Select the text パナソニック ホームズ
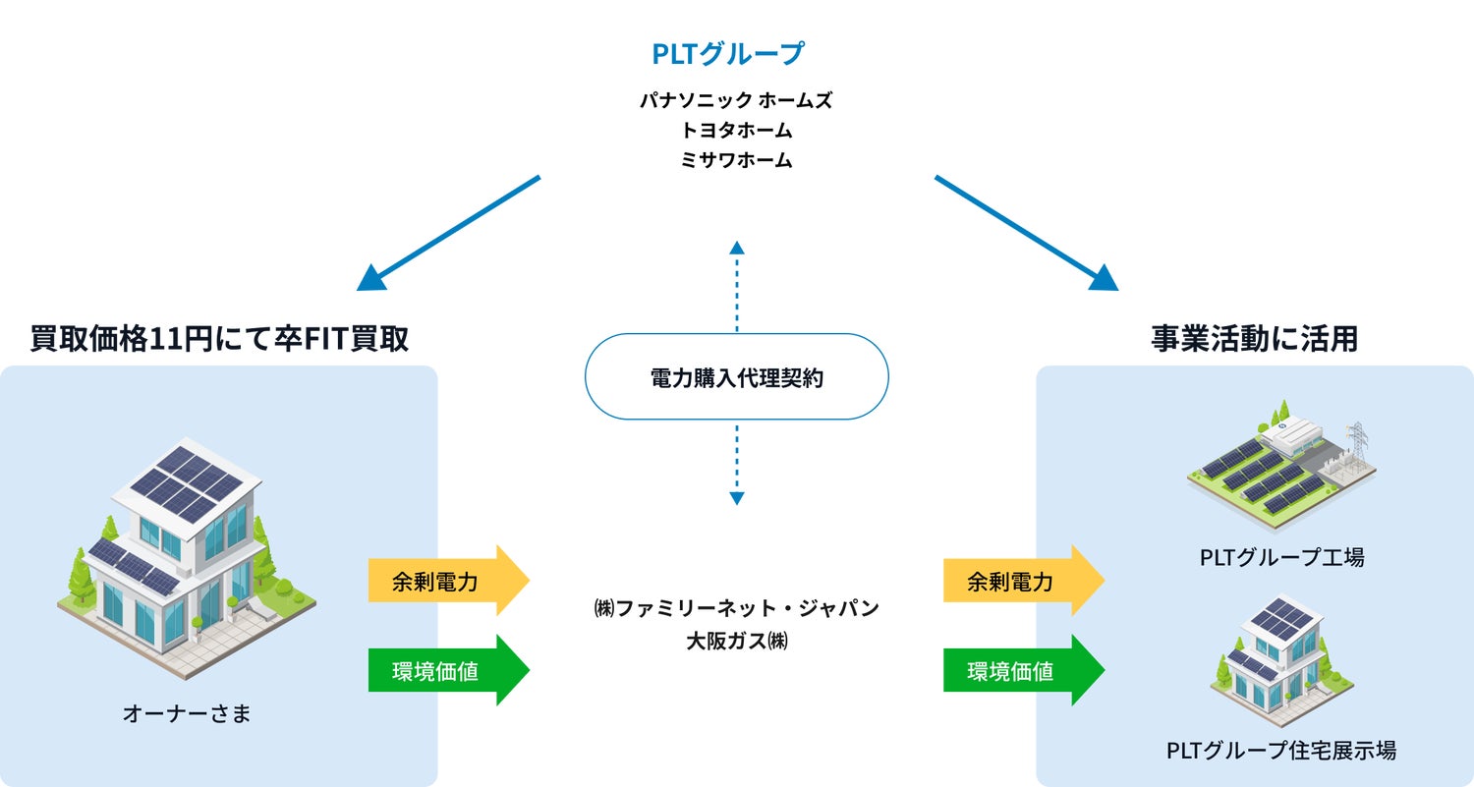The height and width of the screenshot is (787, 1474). (x=736, y=100)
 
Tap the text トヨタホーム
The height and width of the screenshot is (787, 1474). (x=736, y=130)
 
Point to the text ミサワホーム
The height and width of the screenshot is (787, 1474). (x=736, y=160)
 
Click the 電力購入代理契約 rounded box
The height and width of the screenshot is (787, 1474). (x=736, y=377)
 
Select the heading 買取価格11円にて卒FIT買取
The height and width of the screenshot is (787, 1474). (x=219, y=339)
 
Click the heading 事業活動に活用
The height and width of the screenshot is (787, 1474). (x=1254, y=339)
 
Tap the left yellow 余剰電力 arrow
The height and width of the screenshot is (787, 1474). (x=447, y=581)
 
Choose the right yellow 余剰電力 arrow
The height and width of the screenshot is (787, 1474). (x=1022, y=581)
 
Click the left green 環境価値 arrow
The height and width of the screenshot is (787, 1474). (x=447, y=671)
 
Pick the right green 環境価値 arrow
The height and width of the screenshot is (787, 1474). (x=1022, y=671)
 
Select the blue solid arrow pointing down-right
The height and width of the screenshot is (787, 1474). (x=1025, y=234)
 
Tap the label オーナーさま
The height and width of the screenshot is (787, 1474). (x=187, y=713)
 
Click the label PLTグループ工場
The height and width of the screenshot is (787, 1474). (x=1281, y=557)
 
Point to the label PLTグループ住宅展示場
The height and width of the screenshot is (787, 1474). (x=1281, y=751)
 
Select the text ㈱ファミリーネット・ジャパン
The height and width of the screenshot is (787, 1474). (x=736, y=608)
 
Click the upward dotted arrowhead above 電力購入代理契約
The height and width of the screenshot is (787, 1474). (x=736, y=247)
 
